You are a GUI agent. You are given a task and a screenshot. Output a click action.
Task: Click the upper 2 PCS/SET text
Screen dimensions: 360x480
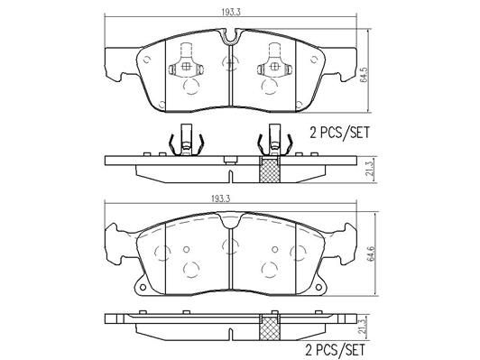pos(339,132)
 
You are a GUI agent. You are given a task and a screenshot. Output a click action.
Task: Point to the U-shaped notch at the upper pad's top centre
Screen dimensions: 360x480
pos(230,37)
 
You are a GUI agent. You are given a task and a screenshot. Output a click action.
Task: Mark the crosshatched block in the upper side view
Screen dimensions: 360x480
pos(267,169)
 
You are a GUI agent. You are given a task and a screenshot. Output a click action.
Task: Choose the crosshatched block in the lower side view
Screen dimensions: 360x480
pos(267,328)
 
